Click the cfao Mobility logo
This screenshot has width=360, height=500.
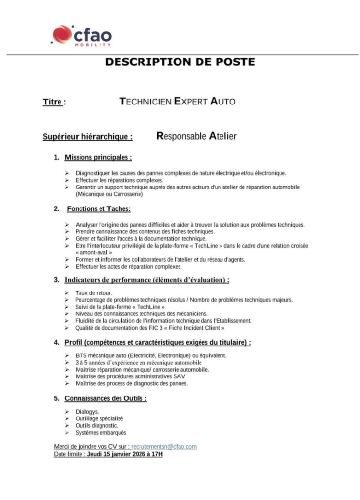(82, 35)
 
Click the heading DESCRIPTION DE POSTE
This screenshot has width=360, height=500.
(180, 62)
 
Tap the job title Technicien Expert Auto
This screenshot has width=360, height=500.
(177, 102)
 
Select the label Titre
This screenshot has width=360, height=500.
(54, 102)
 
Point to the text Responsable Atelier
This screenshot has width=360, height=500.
(196, 136)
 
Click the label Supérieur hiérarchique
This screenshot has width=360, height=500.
(88, 137)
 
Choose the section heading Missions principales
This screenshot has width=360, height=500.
(98, 157)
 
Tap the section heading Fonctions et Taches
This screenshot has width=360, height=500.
(99, 209)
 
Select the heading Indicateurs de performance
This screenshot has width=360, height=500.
(147, 280)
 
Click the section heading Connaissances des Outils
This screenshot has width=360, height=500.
(105, 398)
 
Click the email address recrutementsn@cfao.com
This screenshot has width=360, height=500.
(164, 447)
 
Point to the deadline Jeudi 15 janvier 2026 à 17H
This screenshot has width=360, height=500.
(125, 454)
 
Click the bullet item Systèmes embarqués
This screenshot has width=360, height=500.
(100, 433)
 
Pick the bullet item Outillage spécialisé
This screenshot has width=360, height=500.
(99, 418)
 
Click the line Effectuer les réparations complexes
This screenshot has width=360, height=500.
(119, 180)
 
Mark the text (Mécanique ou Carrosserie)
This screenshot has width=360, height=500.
(109, 194)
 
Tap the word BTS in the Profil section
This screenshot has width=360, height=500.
(80, 356)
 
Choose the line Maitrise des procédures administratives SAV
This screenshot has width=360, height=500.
(130, 376)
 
